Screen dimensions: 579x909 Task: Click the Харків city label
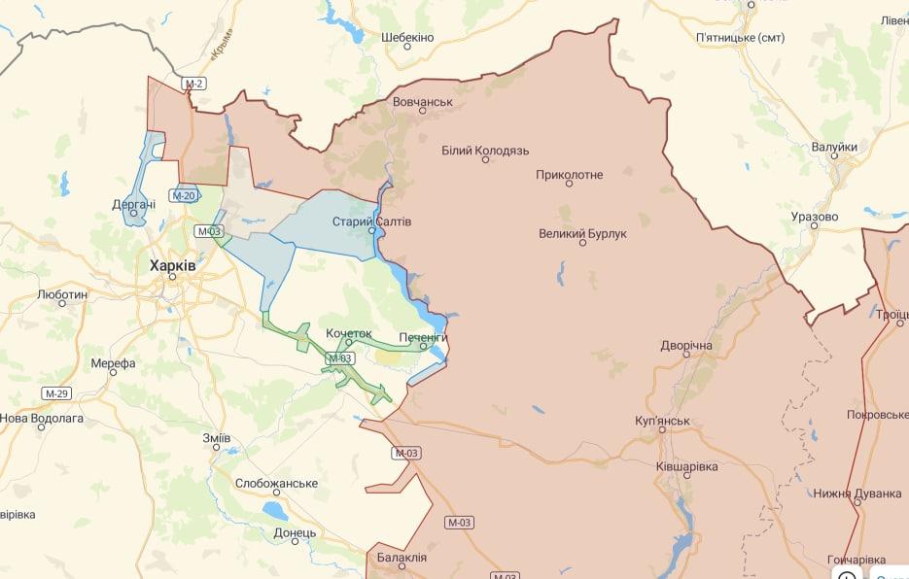coord(172,264)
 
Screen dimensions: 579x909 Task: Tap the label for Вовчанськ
coord(423,101)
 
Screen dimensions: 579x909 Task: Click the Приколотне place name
coord(569,175)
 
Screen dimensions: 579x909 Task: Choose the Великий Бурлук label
coord(583,233)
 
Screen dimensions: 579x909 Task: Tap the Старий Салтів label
coord(371,221)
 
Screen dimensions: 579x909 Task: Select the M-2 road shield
coord(194,85)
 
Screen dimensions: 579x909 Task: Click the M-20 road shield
coord(184,196)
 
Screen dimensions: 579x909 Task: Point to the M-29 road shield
coord(56,393)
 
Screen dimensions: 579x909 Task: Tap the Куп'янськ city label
coord(661,421)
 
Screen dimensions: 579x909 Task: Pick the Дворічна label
coord(686,346)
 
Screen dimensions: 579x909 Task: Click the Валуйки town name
coord(834,147)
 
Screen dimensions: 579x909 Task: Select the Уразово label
coord(814,216)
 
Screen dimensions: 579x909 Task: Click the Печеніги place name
coord(422,336)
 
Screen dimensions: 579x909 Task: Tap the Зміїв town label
coord(216,438)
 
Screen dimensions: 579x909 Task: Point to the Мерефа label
coord(113,363)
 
